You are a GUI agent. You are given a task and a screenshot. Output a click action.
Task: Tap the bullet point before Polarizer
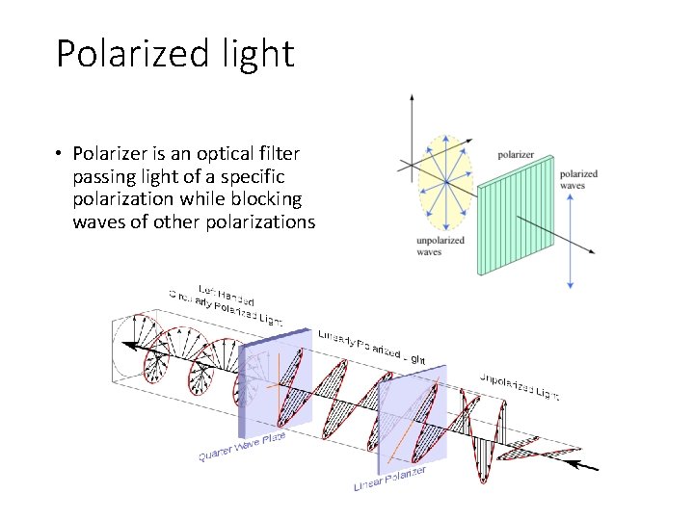click(x=60, y=154)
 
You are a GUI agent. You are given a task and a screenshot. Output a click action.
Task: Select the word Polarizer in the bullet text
click(x=112, y=154)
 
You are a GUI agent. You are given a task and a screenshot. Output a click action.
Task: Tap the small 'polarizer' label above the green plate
click(x=517, y=155)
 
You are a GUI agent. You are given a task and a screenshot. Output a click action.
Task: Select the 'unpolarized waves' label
click(x=440, y=246)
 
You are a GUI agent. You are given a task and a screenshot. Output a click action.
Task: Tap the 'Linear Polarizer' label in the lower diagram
click(x=389, y=478)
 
